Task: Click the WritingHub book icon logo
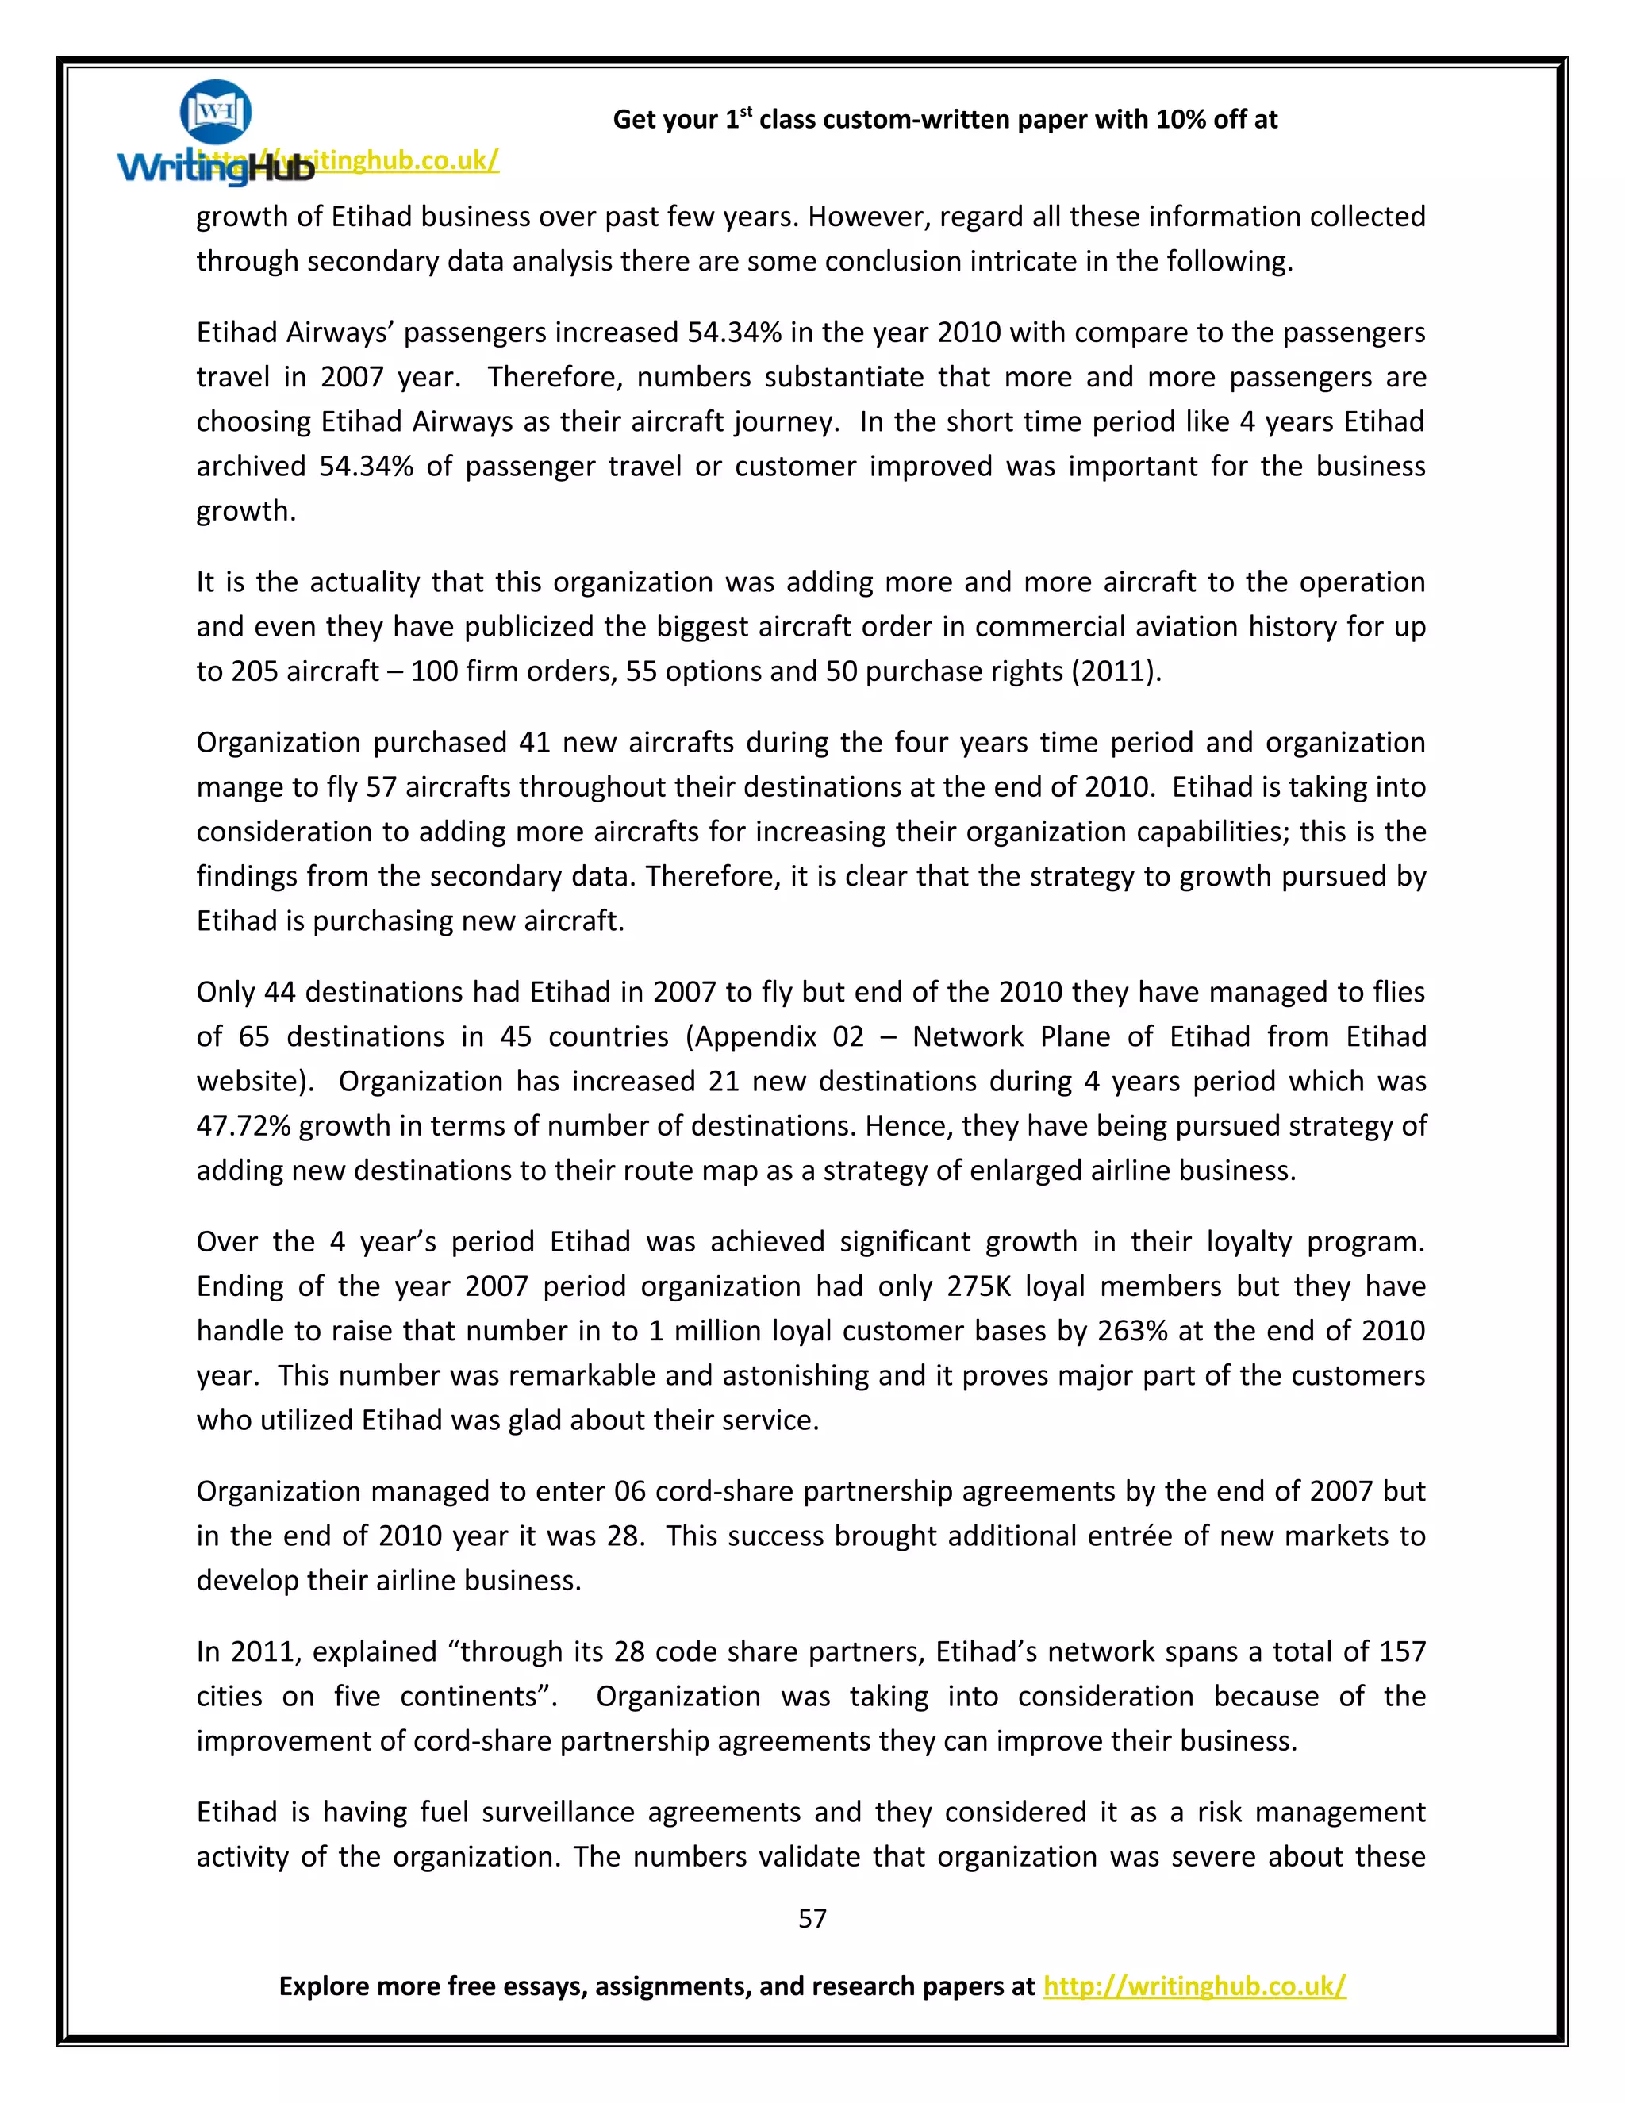coord(216,113)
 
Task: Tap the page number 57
coord(812,1918)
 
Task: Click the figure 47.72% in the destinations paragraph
coord(243,1125)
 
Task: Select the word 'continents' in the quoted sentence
coord(478,1696)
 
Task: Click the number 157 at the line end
coord(1400,1651)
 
